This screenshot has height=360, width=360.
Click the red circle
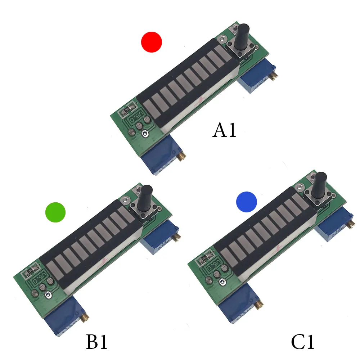coord(152,42)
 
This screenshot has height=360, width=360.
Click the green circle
coord(55,212)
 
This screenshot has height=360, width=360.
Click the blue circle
coord(247,202)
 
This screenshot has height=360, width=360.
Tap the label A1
coord(225,130)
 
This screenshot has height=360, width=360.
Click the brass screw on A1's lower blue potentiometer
coord(183,157)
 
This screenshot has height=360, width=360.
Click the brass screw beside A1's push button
coord(275,76)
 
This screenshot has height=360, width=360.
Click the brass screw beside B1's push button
coord(177,237)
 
